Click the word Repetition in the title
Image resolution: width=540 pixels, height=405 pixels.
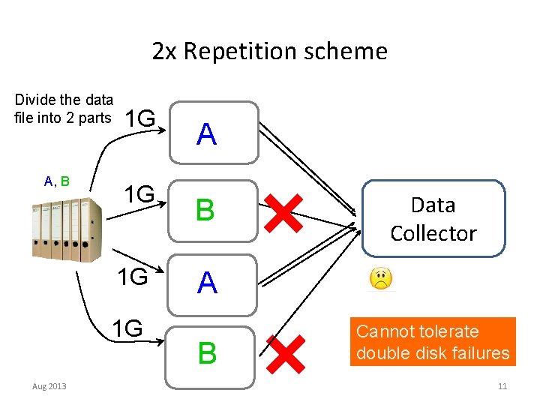coord(241,52)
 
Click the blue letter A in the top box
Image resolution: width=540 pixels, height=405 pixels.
coord(207,133)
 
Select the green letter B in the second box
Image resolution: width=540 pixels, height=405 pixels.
coord(205,209)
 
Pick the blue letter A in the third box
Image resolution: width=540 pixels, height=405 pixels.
coord(207,282)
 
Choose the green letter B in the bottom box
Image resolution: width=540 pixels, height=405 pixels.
coord(207,352)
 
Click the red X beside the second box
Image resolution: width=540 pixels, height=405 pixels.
coord(283,213)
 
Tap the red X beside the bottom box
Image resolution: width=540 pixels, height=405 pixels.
coord(286,354)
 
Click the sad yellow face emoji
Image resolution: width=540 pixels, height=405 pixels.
coord(381,278)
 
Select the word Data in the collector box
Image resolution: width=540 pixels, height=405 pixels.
coord(433,205)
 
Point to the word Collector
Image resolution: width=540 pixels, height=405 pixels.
coord(433,233)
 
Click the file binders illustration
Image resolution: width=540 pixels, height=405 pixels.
coord(67,229)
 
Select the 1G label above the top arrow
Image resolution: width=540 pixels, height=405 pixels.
coord(140,118)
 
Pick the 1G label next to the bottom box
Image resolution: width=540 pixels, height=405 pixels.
coord(127,328)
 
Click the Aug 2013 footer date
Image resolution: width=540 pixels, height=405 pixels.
coord(49,386)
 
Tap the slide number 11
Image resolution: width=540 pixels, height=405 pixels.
coord(502,386)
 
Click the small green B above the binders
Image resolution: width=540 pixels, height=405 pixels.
coord(65,181)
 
